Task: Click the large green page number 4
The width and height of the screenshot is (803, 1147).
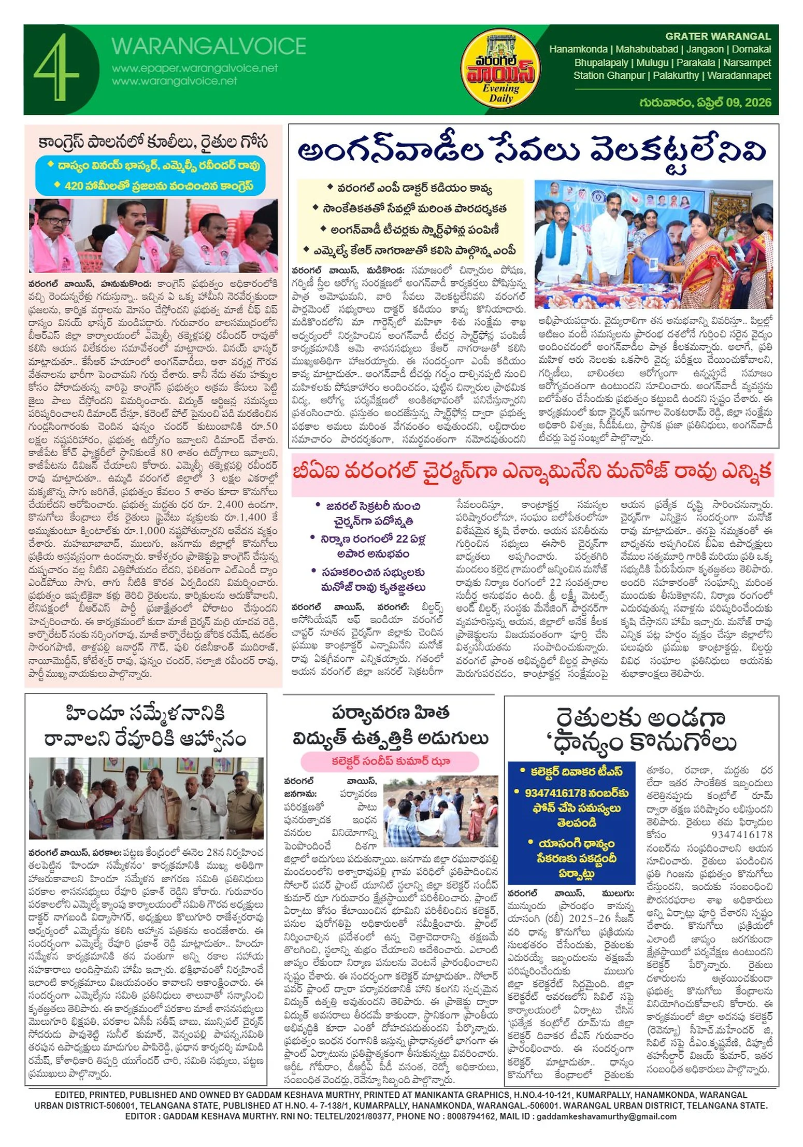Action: click(56, 67)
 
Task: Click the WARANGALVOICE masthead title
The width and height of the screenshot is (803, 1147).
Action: click(209, 46)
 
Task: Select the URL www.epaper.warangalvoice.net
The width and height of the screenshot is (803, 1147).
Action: click(195, 68)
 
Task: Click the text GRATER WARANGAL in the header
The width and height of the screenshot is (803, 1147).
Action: click(718, 36)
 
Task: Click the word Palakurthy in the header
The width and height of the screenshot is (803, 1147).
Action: click(676, 75)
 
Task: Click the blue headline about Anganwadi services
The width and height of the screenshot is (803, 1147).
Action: click(533, 151)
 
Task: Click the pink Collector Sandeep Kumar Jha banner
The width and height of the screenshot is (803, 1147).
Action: click(390, 761)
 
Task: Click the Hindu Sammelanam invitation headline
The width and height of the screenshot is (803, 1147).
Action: click(146, 726)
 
